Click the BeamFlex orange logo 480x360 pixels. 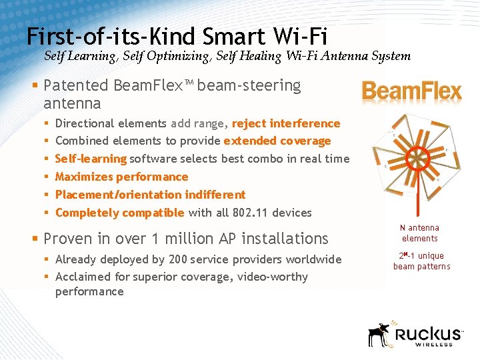[411, 91]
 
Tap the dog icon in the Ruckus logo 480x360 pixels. [379, 334]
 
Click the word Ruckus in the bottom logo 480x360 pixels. [427, 333]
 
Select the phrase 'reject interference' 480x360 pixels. [285, 123]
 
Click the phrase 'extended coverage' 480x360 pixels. [277, 141]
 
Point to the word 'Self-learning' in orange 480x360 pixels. [91, 159]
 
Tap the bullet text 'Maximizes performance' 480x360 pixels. [121, 177]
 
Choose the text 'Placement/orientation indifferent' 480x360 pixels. [150, 195]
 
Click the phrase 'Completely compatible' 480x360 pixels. [119, 213]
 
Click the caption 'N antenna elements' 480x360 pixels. [419, 233]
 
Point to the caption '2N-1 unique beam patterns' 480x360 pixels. [421, 261]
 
